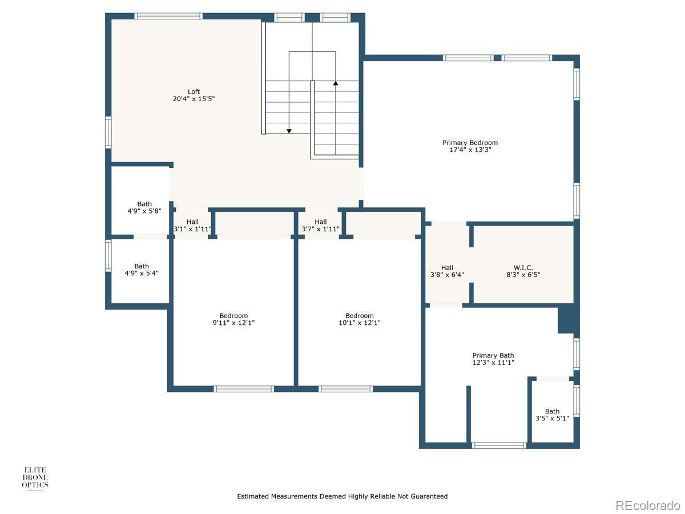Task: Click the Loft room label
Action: point(194,91)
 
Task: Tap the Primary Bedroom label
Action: point(470,143)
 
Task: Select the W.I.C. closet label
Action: point(523,268)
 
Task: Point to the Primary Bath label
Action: point(493,355)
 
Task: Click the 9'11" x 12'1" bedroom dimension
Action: point(233,323)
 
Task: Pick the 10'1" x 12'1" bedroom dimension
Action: point(359,323)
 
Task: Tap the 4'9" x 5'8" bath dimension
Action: point(144,211)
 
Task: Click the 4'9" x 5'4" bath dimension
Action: point(142,274)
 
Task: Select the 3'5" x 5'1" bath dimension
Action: point(552,418)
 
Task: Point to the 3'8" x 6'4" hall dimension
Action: point(447,275)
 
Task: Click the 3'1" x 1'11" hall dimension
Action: point(192,229)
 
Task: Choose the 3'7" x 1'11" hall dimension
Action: point(320,229)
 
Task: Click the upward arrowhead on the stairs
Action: point(336,83)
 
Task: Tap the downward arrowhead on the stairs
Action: point(289,131)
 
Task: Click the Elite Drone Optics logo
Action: point(35,477)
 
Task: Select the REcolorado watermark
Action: point(647,505)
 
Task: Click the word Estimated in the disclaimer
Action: point(252,496)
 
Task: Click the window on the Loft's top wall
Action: point(168,16)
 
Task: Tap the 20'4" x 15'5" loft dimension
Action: point(194,99)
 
